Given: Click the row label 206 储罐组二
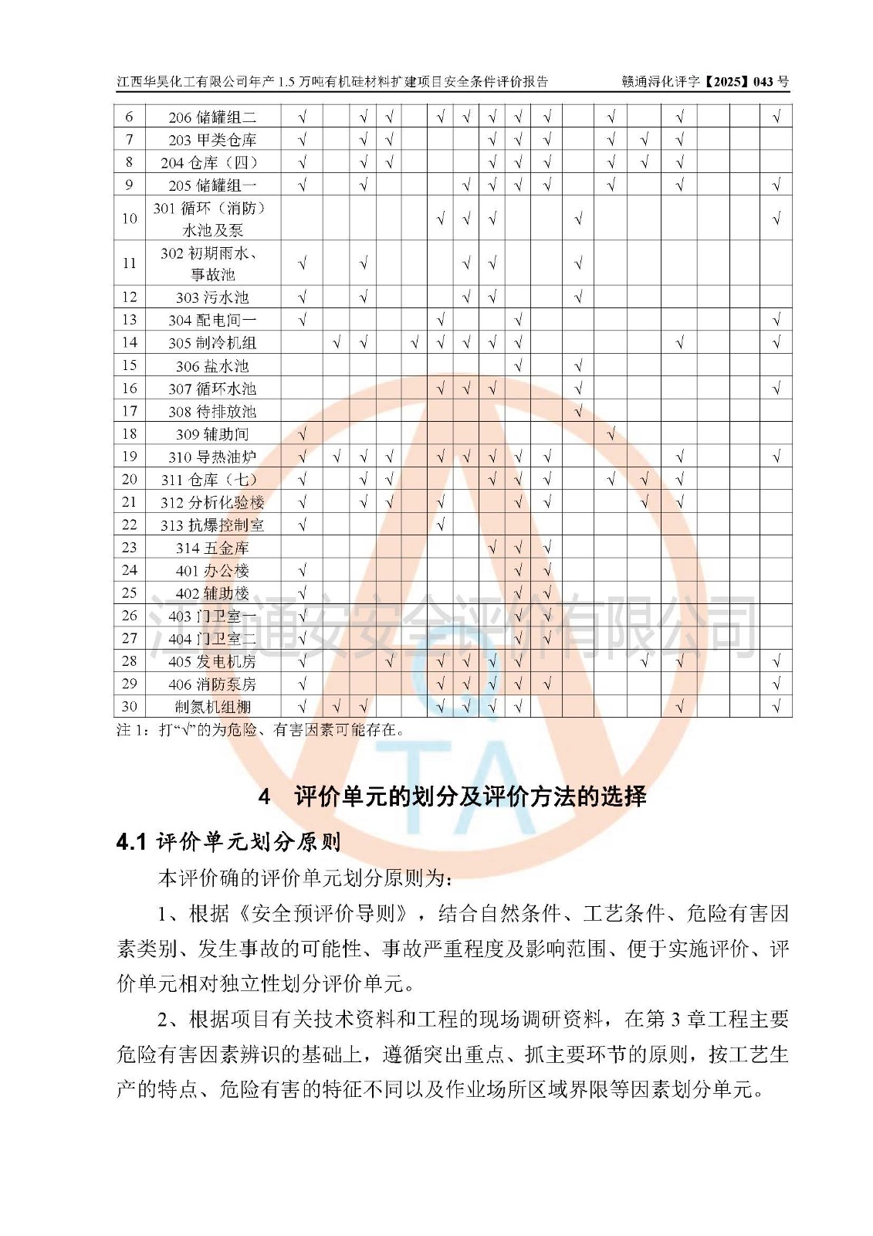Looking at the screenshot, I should point(211,117).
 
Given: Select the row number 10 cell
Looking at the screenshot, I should point(129,219).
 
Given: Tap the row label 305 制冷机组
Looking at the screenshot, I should point(211,343).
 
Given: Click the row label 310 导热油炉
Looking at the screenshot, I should point(211,457).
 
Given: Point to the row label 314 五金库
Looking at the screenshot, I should point(211,548).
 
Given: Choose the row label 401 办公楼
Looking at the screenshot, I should point(211,571).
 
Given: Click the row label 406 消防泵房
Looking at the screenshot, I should point(211,684).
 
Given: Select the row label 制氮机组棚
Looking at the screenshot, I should point(211,707).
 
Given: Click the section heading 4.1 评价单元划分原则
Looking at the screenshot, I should point(228,841).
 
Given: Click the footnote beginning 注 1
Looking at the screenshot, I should point(259,730).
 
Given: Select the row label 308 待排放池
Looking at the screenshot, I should point(211,412).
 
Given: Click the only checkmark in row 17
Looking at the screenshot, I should point(578,412).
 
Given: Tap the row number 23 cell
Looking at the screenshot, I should point(129,548).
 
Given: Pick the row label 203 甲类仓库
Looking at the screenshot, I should point(211,140).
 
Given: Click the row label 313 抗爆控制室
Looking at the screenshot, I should point(211,525).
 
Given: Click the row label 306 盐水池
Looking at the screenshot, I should point(211,366).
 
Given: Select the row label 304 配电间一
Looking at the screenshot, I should point(211,320).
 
